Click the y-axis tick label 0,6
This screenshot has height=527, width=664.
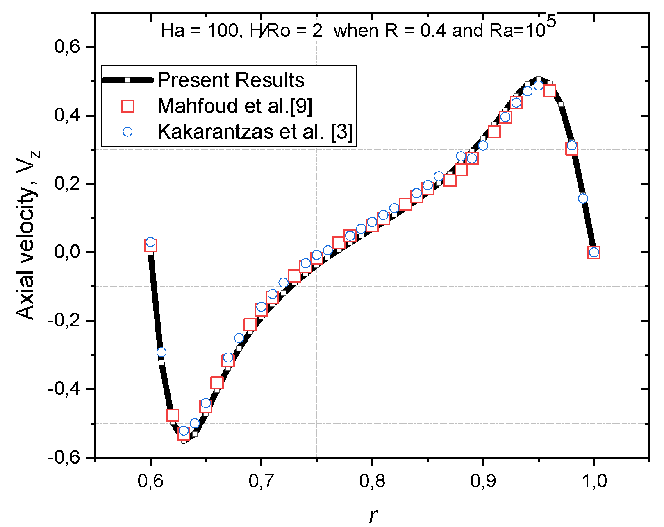coord(67,47)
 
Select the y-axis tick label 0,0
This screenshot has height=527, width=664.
coord(67,252)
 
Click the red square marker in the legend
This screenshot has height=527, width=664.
coord(127,106)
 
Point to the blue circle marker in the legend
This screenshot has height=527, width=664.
coord(127,132)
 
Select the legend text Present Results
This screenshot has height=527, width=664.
coord(231,80)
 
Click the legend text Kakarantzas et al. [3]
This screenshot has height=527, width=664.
coord(255,132)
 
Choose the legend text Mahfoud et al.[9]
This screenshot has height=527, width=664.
coord(235,106)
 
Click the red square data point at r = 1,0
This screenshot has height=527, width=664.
coord(594,252)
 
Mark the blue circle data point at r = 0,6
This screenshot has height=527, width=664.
coord(150,242)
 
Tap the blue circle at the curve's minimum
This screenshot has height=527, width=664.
coord(184,431)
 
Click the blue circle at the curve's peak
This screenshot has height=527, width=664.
coord(539,86)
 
